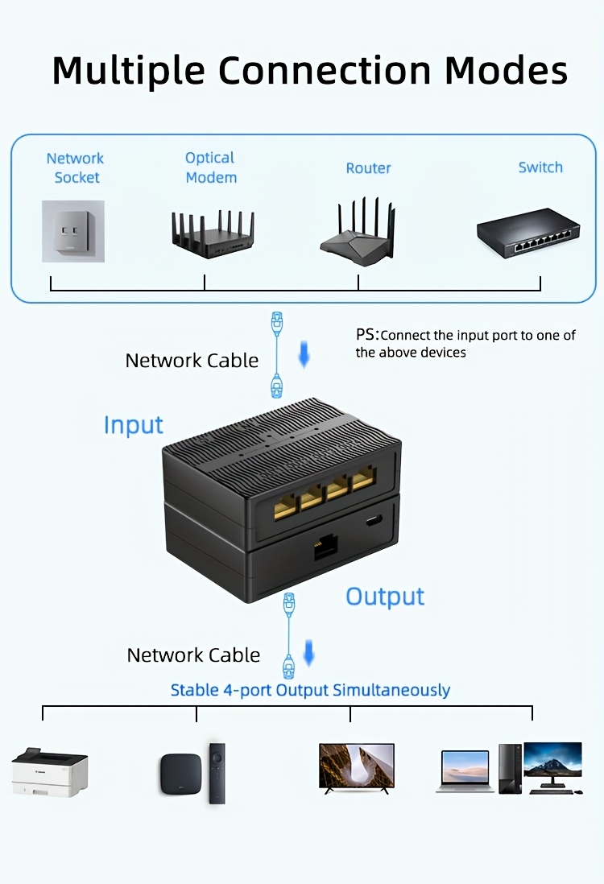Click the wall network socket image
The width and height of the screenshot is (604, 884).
[72, 231]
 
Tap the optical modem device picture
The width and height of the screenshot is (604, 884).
[212, 233]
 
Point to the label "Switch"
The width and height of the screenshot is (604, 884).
[540, 167]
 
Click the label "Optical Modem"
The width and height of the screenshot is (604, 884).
[211, 167]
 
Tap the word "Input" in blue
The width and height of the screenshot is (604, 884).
[133, 425]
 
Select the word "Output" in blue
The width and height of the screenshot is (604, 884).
[385, 597]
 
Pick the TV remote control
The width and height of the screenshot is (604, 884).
[217, 773]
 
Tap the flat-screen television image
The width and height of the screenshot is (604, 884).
[357, 767]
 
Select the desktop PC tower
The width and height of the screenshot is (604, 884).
[510, 768]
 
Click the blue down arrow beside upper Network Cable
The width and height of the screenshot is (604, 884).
[304, 355]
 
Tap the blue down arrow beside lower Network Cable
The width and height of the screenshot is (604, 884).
[308, 653]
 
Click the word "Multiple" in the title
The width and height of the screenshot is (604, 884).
[127, 71]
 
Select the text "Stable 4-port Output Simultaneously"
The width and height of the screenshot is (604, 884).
[310, 690]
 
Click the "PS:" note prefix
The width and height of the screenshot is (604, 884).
[366, 334]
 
